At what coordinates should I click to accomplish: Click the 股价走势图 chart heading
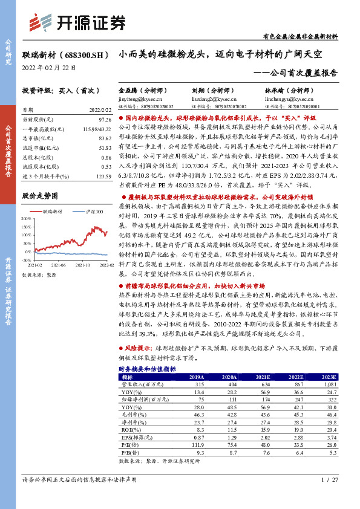click(41, 196)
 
